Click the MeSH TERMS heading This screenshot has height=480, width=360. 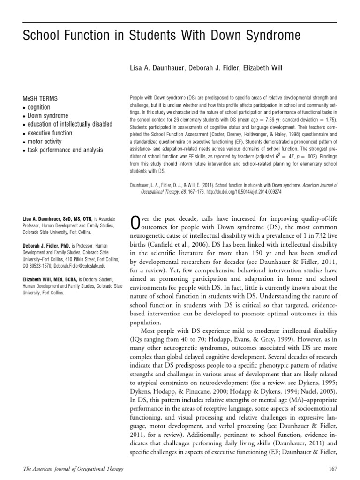[x=40, y=99]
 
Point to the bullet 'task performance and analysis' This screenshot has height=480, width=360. [x=65, y=150]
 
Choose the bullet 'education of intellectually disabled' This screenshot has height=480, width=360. [x=69, y=124]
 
